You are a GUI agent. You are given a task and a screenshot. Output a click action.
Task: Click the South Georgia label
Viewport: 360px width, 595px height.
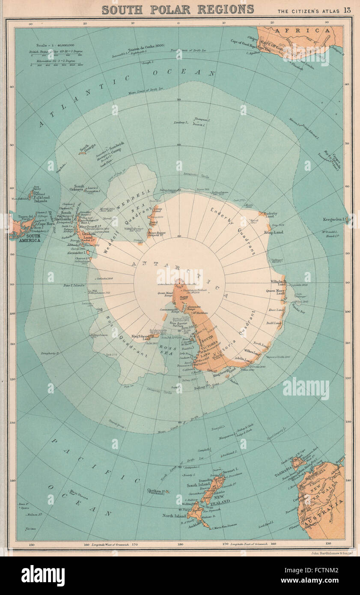tap(86, 147)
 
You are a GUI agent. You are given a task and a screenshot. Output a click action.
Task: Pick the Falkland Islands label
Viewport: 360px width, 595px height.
tap(42, 199)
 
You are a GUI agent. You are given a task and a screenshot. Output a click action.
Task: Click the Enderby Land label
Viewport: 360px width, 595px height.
tap(271, 215)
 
